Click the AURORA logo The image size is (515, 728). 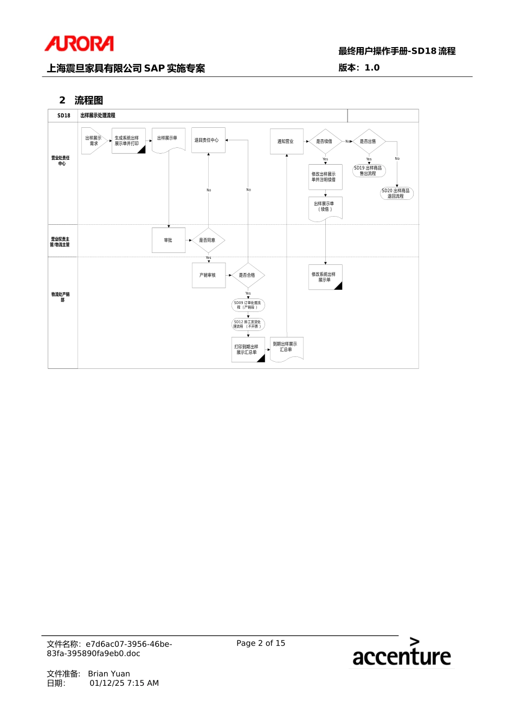pos(79,44)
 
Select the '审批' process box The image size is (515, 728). pos(169,240)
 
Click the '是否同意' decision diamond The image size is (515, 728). pos(208,240)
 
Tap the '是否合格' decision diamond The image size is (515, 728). pos(248,275)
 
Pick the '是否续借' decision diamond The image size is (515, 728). pos(325,141)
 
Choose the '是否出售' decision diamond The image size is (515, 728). pos(369,141)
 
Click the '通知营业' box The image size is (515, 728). pos(286,141)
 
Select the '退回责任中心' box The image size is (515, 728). pos(208,140)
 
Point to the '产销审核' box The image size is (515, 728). pos(208,275)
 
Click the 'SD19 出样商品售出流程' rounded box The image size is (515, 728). pos(369,171)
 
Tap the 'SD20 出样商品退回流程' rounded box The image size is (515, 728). pos(396,193)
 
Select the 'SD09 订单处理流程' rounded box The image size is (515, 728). pos(248,305)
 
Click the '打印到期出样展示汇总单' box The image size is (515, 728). pos(248,349)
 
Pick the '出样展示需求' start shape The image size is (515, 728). pos(94,141)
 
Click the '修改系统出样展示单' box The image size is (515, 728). pos(325,277)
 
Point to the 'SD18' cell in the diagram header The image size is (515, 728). pos(63,115)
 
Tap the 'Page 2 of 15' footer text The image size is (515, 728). pos(261,643)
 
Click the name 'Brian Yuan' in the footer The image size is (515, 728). pos(109,674)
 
